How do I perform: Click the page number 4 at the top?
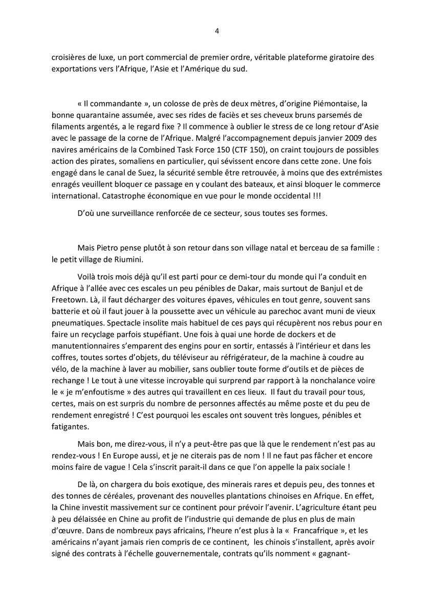217,31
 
